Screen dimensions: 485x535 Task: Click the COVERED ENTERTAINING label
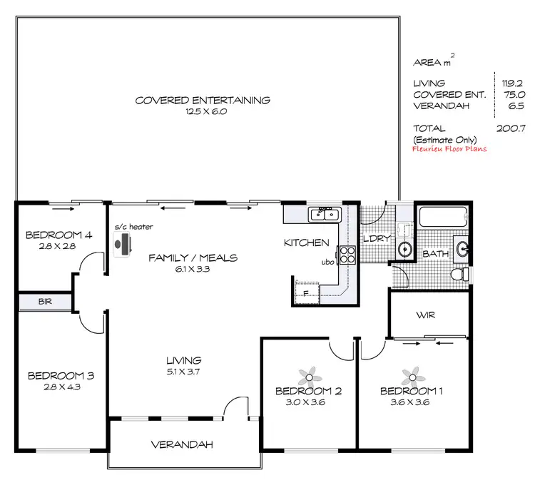203,100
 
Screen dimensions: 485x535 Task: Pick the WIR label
427,315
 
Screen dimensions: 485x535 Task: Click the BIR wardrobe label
45,302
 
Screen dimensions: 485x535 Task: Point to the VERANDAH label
183,445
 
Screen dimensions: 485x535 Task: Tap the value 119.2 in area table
513,83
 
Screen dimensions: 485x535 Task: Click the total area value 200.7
511,128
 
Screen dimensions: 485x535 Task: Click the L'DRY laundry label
375,239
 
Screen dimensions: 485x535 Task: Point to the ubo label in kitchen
328,262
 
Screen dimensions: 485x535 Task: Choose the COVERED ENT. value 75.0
513,93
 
